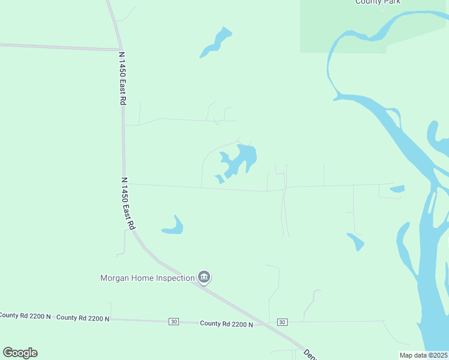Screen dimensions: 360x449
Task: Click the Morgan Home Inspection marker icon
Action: pyautogui.click(x=204, y=277)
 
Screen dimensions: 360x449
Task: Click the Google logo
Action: pyautogui.click(x=20, y=353)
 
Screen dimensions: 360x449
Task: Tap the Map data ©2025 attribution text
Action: pyautogui.click(x=423, y=355)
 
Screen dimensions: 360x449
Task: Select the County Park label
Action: pyautogui.click(x=378, y=2)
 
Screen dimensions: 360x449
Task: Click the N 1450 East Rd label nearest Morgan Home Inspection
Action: pyautogui.click(x=127, y=204)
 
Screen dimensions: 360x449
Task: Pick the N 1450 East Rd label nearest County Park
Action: pyautogui.click(x=122, y=78)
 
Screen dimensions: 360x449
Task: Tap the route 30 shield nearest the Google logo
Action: pyautogui.click(x=174, y=322)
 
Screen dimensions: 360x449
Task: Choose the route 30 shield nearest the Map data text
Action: pyautogui.click(x=282, y=322)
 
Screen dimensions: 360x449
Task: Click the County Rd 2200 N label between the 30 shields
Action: pyautogui.click(x=226, y=323)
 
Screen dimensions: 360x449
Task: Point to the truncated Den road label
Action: pyautogui.click(x=309, y=354)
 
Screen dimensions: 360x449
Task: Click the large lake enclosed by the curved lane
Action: pyautogui.click(x=246, y=157)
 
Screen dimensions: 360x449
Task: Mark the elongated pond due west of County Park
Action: pyautogui.click(x=215, y=42)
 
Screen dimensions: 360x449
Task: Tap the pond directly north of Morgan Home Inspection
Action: pyautogui.click(x=173, y=227)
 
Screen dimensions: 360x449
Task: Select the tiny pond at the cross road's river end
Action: pyautogui.click(x=397, y=189)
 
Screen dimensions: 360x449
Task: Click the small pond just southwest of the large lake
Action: pyautogui.click(x=220, y=179)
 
